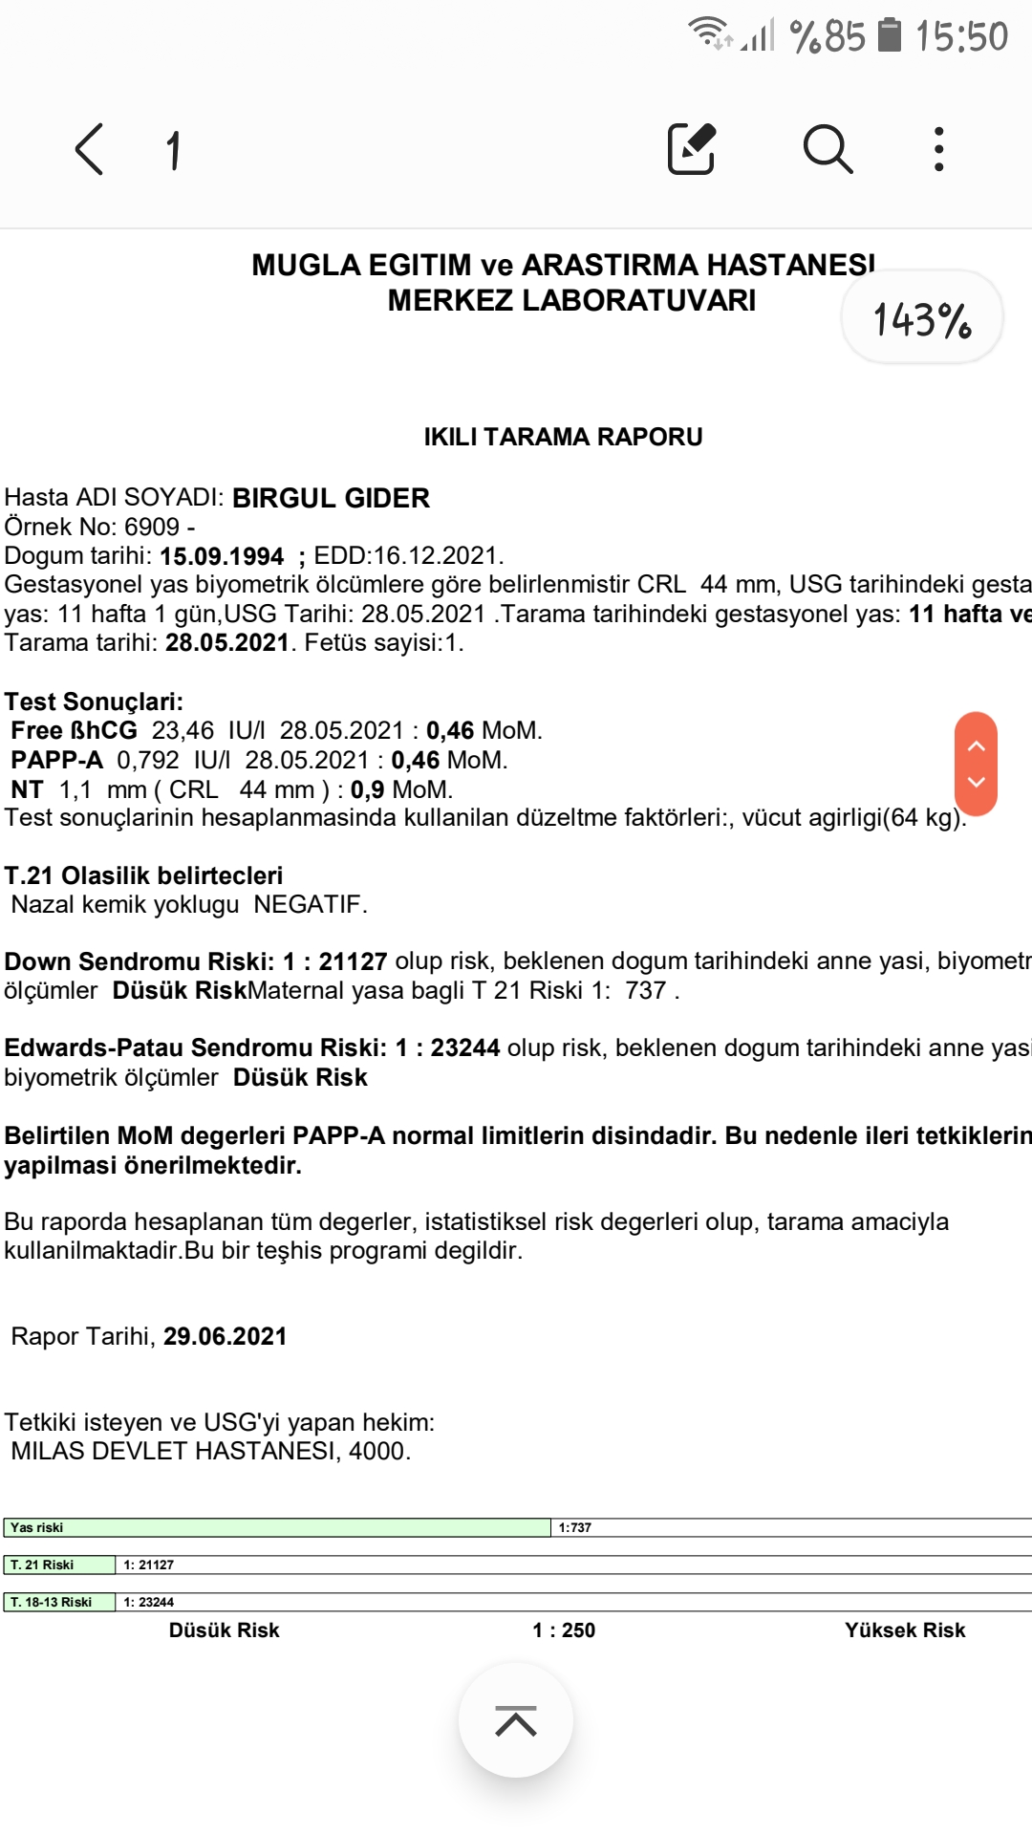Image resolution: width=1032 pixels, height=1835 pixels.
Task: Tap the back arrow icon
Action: pos(89,150)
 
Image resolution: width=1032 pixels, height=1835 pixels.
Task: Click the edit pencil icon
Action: pos(692,149)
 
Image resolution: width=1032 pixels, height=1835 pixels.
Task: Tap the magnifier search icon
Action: pos(828,149)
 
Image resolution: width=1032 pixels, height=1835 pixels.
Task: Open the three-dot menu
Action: pos(938,149)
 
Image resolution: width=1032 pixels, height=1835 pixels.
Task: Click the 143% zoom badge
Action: pos(921,318)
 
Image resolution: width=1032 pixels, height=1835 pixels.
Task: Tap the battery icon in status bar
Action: pos(890,35)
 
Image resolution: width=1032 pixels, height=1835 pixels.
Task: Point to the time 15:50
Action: pos(961,37)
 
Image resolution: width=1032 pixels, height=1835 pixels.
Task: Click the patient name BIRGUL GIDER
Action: pos(331,498)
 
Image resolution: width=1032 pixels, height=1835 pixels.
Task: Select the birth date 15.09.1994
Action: pos(222,556)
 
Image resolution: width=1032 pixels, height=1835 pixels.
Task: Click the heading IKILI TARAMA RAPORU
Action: pos(563,437)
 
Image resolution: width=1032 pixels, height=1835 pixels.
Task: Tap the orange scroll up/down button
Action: pos(976,764)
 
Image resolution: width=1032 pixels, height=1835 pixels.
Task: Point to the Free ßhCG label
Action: pos(75,731)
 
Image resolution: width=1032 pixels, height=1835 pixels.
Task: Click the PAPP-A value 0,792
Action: pos(148,761)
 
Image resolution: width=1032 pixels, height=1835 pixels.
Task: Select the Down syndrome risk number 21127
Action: pos(353,961)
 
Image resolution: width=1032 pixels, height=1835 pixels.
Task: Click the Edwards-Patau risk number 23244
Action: pos(465,1048)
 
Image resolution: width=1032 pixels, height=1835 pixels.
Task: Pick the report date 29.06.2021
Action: pos(225,1336)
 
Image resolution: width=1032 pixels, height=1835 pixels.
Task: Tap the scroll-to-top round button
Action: pos(516,1720)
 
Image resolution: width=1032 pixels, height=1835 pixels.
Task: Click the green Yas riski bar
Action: pos(277,1527)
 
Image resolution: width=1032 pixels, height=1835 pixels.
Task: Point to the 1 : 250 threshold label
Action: pos(564,1630)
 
